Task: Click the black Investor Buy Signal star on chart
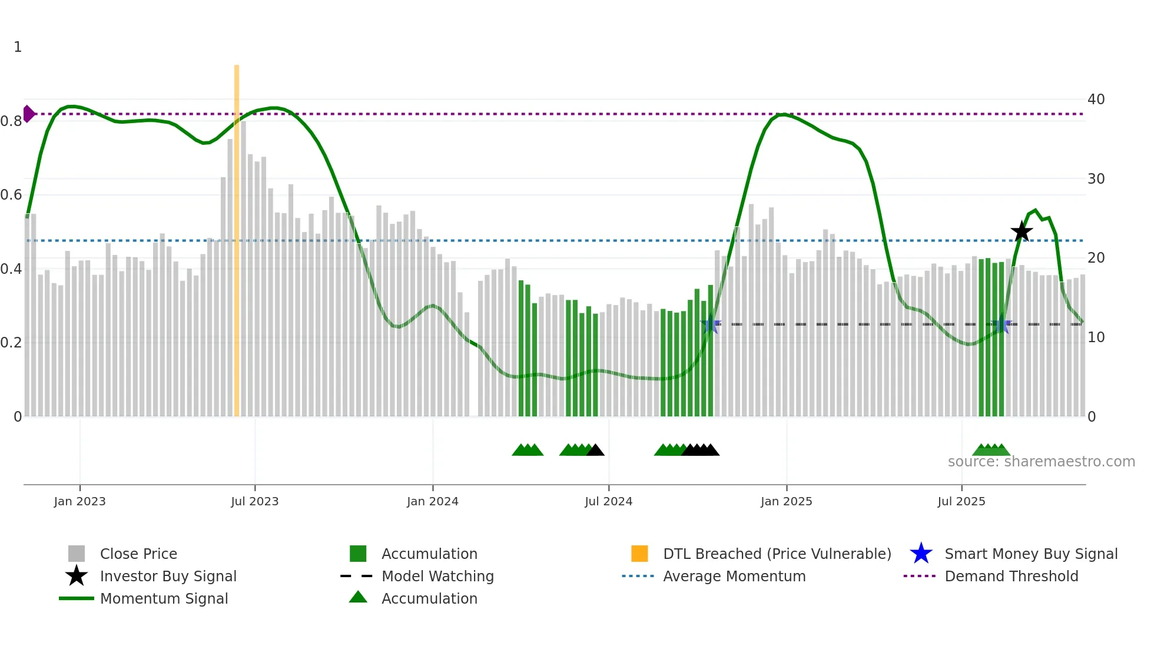(1022, 231)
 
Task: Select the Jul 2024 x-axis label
(608, 501)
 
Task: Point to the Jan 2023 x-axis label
(79, 501)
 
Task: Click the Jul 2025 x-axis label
(961, 501)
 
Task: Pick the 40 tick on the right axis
(1096, 99)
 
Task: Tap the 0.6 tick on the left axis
(12, 195)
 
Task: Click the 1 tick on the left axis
(18, 47)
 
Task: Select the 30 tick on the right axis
(1096, 178)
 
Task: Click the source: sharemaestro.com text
(1041, 462)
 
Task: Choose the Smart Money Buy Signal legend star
(921, 554)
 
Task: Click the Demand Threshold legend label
(1011, 576)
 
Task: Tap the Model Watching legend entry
(437, 576)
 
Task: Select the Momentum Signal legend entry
(164, 598)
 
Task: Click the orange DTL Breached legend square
(639, 554)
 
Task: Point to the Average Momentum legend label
(734, 576)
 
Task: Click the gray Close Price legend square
(77, 554)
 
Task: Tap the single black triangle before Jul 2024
(595, 451)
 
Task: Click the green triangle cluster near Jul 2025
(991, 451)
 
